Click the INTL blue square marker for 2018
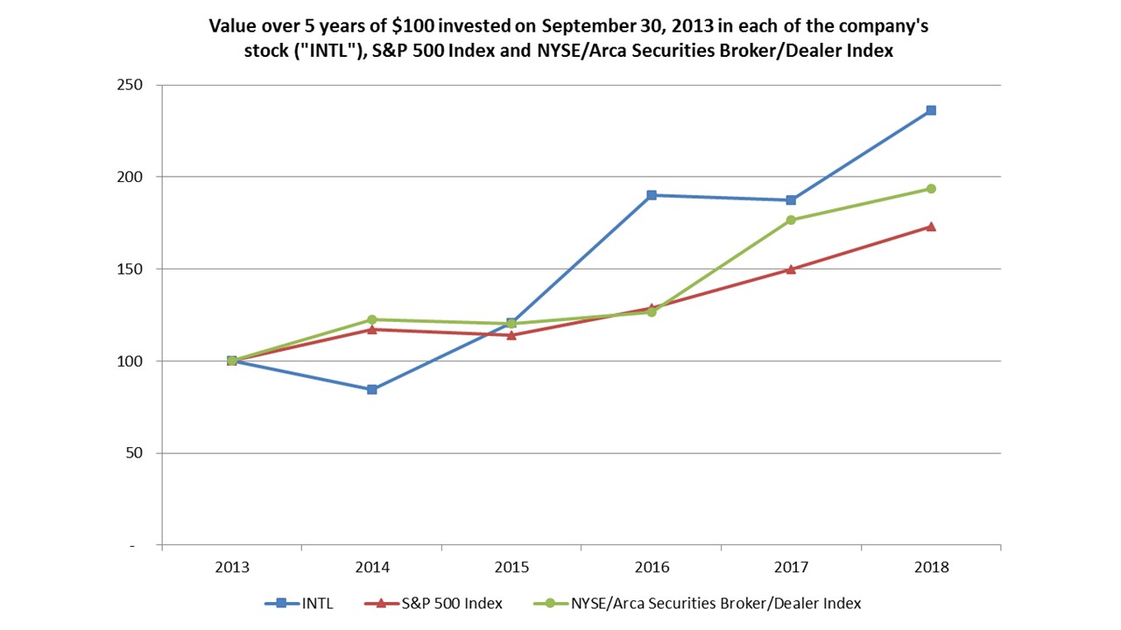(x=931, y=110)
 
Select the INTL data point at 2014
(x=372, y=389)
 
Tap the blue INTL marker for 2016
(x=652, y=195)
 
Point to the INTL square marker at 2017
(x=791, y=200)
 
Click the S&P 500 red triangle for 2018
(x=931, y=226)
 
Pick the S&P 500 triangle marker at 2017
(x=791, y=269)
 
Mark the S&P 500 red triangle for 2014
(x=372, y=329)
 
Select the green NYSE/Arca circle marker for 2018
(x=931, y=189)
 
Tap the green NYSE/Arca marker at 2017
(x=791, y=220)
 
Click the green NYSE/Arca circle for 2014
(x=372, y=319)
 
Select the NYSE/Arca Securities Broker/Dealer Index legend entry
(x=697, y=603)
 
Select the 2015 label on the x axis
(x=511, y=567)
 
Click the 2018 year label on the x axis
(x=931, y=567)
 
